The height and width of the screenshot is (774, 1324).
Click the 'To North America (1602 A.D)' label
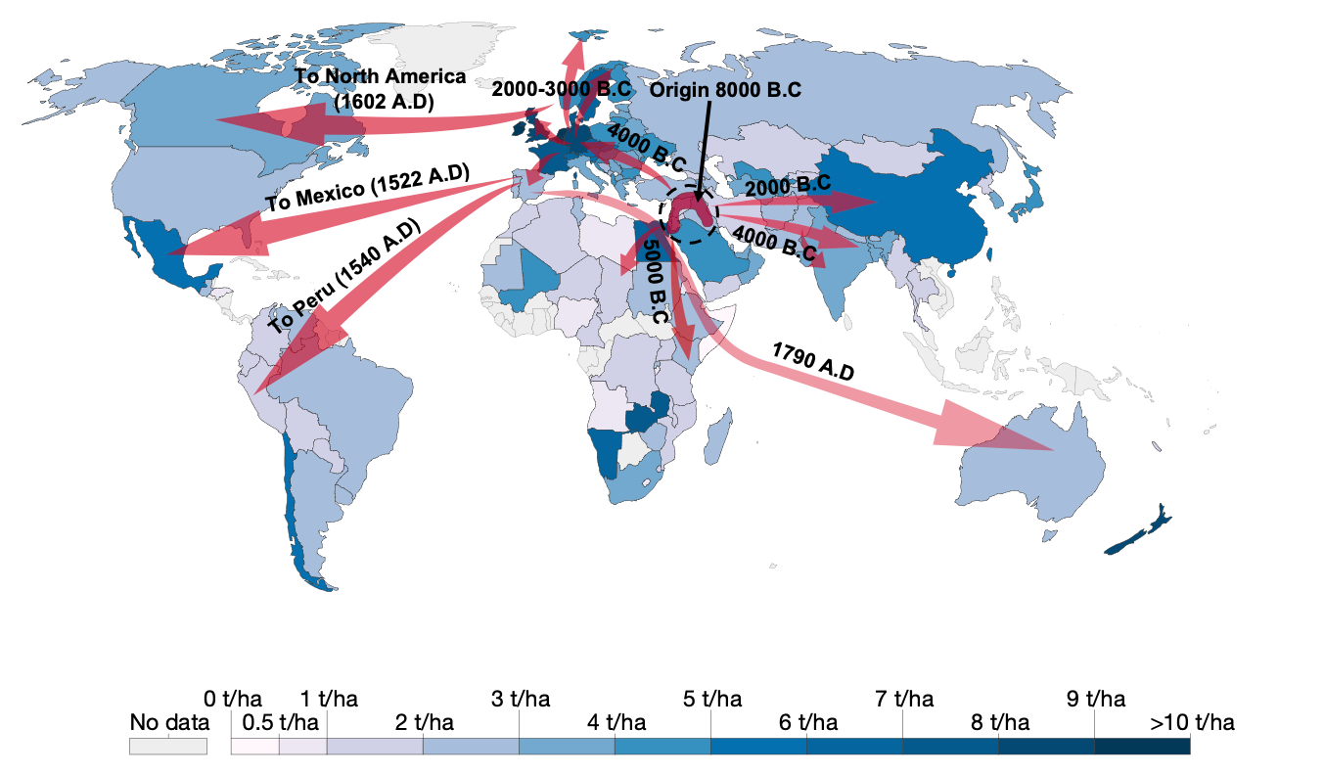point(380,87)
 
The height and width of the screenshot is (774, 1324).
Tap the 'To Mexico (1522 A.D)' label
point(367,189)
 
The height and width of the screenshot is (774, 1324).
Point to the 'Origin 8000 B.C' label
point(726,89)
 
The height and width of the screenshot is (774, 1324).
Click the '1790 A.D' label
point(812,361)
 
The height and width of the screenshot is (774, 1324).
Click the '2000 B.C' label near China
point(788,184)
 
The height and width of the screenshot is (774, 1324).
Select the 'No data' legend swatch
point(168,746)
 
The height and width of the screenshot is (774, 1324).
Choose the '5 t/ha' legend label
point(711,700)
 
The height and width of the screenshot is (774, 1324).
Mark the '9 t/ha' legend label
point(1095,700)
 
